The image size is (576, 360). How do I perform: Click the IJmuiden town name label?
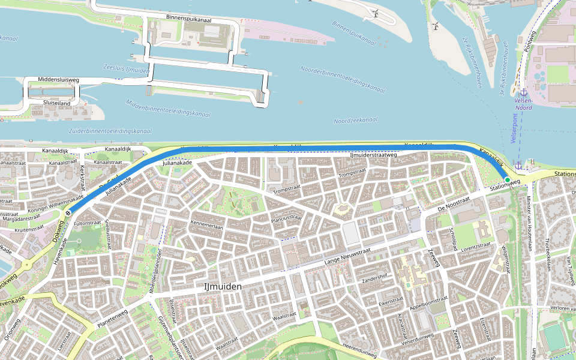[x=223, y=287]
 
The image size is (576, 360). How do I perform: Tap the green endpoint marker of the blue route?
[x=507, y=179]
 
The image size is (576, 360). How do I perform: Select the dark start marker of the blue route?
[x=69, y=211]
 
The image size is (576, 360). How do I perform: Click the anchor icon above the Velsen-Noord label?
[x=523, y=92]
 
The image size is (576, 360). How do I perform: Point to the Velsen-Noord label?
[x=523, y=104]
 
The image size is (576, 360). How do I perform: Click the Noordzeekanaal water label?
[x=356, y=121]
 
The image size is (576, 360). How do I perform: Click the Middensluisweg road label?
[x=58, y=79]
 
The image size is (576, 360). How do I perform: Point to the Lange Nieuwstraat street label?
[x=347, y=257]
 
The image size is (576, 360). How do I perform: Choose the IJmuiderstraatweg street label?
[x=373, y=155]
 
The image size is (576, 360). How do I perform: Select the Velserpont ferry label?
[x=514, y=128]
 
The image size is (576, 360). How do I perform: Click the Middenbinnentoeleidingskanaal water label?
[x=169, y=108]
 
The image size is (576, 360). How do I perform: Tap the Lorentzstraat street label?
[x=476, y=246]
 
